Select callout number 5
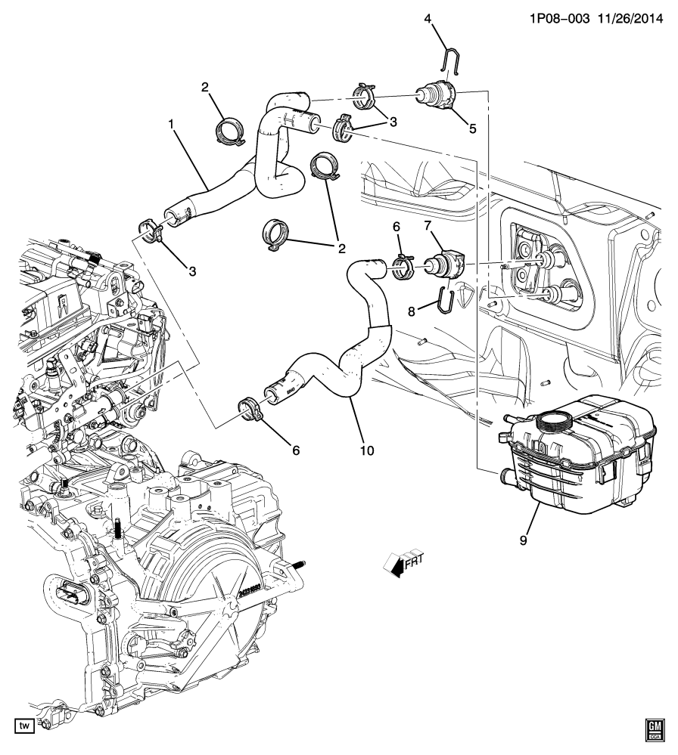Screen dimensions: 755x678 click(472, 128)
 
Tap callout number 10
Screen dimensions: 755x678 click(366, 451)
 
